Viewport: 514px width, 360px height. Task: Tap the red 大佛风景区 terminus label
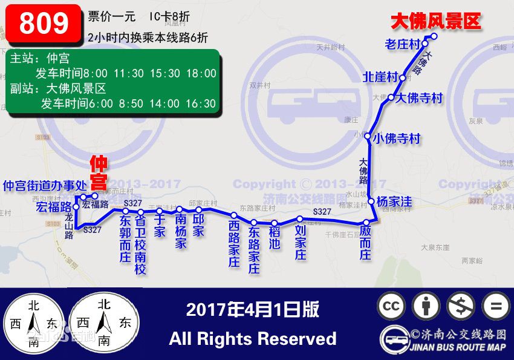point(435,22)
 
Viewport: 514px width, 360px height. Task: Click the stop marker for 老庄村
point(425,44)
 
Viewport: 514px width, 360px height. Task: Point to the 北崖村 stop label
point(380,77)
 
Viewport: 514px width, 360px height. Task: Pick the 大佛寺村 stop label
point(420,98)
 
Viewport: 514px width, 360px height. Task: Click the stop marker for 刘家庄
point(299,219)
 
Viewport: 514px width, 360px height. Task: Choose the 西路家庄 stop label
point(234,243)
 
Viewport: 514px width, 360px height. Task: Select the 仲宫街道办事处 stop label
point(40,185)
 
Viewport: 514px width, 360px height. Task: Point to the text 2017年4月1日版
point(252,310)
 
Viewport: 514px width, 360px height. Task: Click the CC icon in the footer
point(391,306)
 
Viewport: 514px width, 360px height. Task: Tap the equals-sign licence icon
point(496,306)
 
